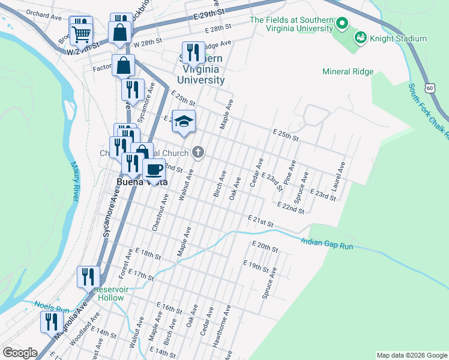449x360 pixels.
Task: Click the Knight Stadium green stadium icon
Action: pos(360,38)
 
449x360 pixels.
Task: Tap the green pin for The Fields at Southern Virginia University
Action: pos(342,25)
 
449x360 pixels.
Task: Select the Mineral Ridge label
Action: pos(348,72)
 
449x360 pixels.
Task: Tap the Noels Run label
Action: pos(46,305)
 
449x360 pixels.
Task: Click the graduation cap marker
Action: pos(184,121)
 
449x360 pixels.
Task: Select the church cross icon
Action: pos(199,153)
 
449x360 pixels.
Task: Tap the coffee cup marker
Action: pos(154,169)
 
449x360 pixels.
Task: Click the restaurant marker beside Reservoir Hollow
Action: pos(88,277)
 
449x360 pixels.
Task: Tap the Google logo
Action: pos(20,353)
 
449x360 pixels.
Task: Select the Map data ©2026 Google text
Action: pos(411,355)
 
